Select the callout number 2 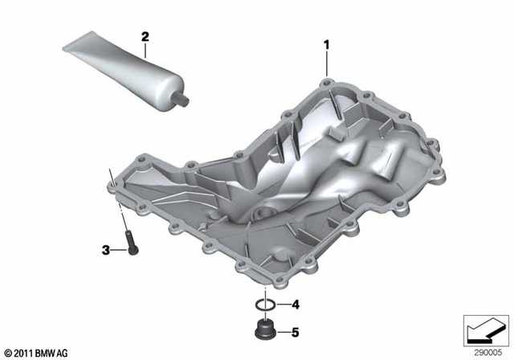point(145,37)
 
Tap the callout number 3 point(105,251)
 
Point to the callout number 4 point(295,305)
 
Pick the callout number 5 point(295,329)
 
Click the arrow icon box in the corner point(484,328)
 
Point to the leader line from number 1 point(325,62)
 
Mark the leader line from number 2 point(145,51)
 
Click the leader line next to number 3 point(116,250)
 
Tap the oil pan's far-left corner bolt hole point(116,187)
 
